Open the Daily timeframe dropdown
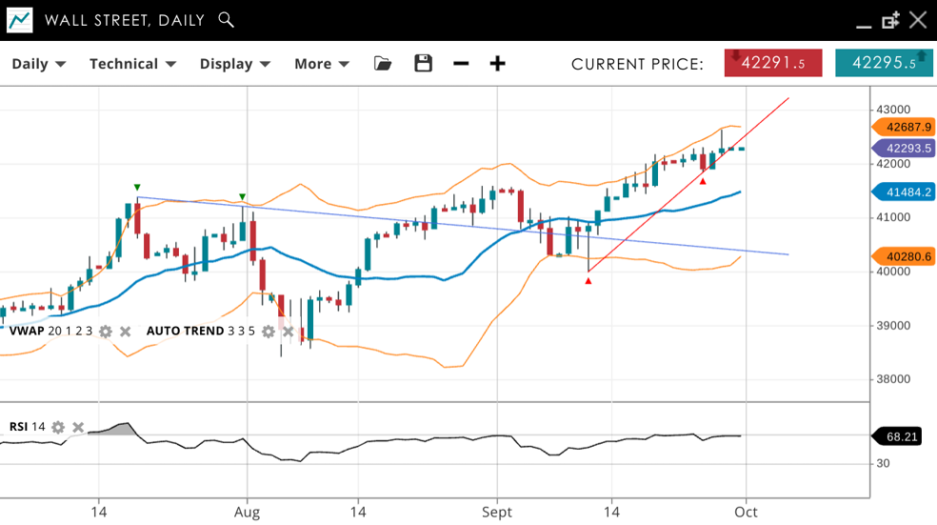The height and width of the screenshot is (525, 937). pos(38,64)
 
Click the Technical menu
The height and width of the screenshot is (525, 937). pos(132,64)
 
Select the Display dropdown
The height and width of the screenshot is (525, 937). pos(234,64)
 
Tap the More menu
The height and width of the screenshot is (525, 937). pos(321,64)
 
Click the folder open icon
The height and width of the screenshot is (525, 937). pos(383,64)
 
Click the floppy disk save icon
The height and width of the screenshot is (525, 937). pos(424,64)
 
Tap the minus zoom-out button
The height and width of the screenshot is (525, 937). pos(461,64)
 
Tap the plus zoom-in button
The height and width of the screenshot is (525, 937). pos(497,64)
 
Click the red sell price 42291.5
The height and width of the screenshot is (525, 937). pos(773,63)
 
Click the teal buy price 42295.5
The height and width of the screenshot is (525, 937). pos(884,63)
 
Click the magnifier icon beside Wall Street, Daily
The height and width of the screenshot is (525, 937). pos(226,19)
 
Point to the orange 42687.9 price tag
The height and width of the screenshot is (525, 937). pos(904,127)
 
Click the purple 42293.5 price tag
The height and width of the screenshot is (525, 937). pos(904,149)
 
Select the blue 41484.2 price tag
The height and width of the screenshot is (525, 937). pos(904,192)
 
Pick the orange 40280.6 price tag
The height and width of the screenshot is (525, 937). pos(904,256)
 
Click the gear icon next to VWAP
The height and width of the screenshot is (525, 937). pos(106,332)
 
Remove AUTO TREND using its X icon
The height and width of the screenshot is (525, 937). pos(288,332)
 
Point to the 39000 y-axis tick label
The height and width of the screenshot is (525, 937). pos(893,326)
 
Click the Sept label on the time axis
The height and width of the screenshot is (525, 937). pos(496,512)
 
